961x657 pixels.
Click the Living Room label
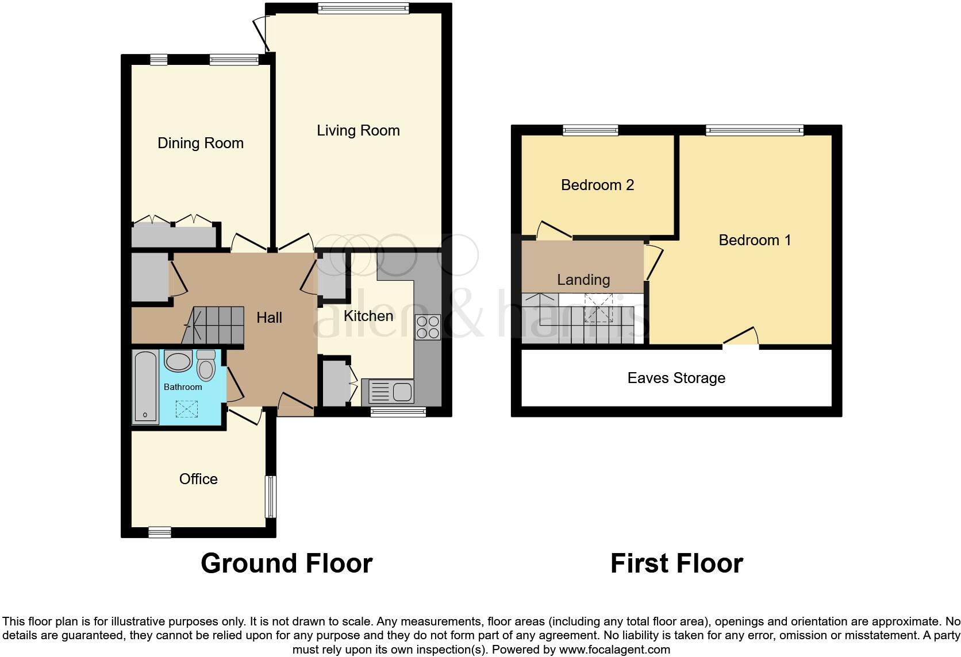point(358,130)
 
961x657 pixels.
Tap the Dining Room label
point(201,143)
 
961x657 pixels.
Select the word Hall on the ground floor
point(269,318)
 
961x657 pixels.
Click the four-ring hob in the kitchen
point(428,327)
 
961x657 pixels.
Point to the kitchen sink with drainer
point(387,393)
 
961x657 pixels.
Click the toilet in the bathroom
point(206,366)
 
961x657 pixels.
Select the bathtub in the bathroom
point(145,387)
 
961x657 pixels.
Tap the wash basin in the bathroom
point(178,362)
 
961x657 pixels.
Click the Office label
point(198,479)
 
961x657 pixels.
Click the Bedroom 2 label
point(597,185)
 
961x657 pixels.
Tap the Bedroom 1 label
point(755,240)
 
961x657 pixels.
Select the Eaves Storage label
point(676,378)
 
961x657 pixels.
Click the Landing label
point(583,280)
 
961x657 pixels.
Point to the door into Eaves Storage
point(741,341)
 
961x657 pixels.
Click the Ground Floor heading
point(286,563)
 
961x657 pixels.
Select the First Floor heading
point(676,563)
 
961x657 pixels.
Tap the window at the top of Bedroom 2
point(590,130)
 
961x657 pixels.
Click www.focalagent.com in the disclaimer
point(614,650)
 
